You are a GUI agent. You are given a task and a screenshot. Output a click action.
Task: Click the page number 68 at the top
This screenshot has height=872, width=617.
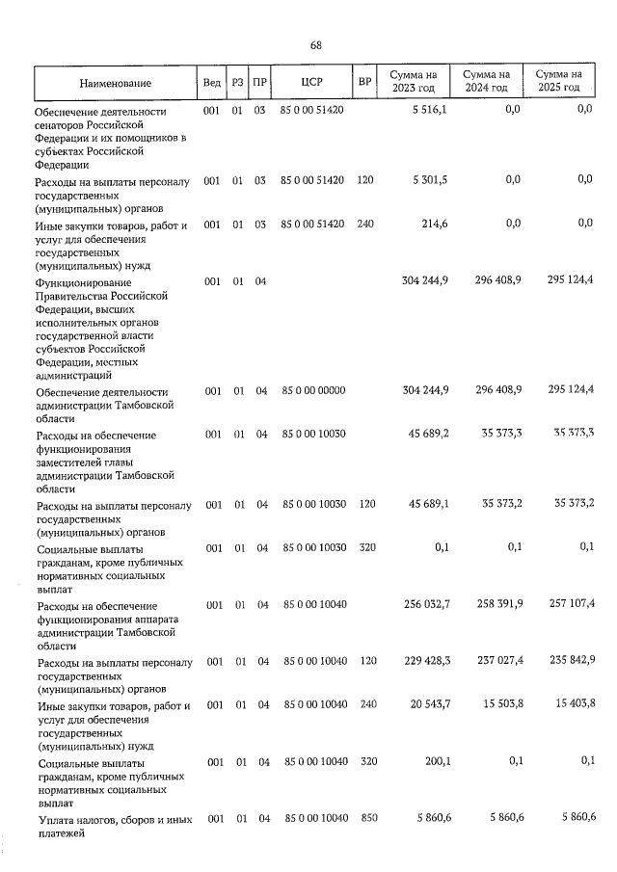[x=315, y=45]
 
